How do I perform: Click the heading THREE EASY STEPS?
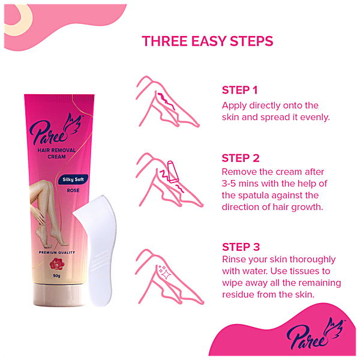[x=208, y=41]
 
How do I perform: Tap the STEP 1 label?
[x=239, y=90]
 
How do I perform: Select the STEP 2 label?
[x=241, y=158]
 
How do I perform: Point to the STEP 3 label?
[x=241, y=247]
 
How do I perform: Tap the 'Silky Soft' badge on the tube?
[x=73, y=179]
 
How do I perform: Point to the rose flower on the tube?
[x=57, y=264]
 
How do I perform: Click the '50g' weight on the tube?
[x=57, y=276]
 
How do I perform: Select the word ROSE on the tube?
[x=73, y=191]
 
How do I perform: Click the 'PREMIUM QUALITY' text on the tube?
[x=57, y=253]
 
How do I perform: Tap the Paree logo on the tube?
[x=56, y=131]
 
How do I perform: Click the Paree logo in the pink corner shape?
[x=316, y=334]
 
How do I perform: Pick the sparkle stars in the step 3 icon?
[x=164, y=272]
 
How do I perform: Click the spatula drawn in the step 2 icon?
[x=173, y=172]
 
